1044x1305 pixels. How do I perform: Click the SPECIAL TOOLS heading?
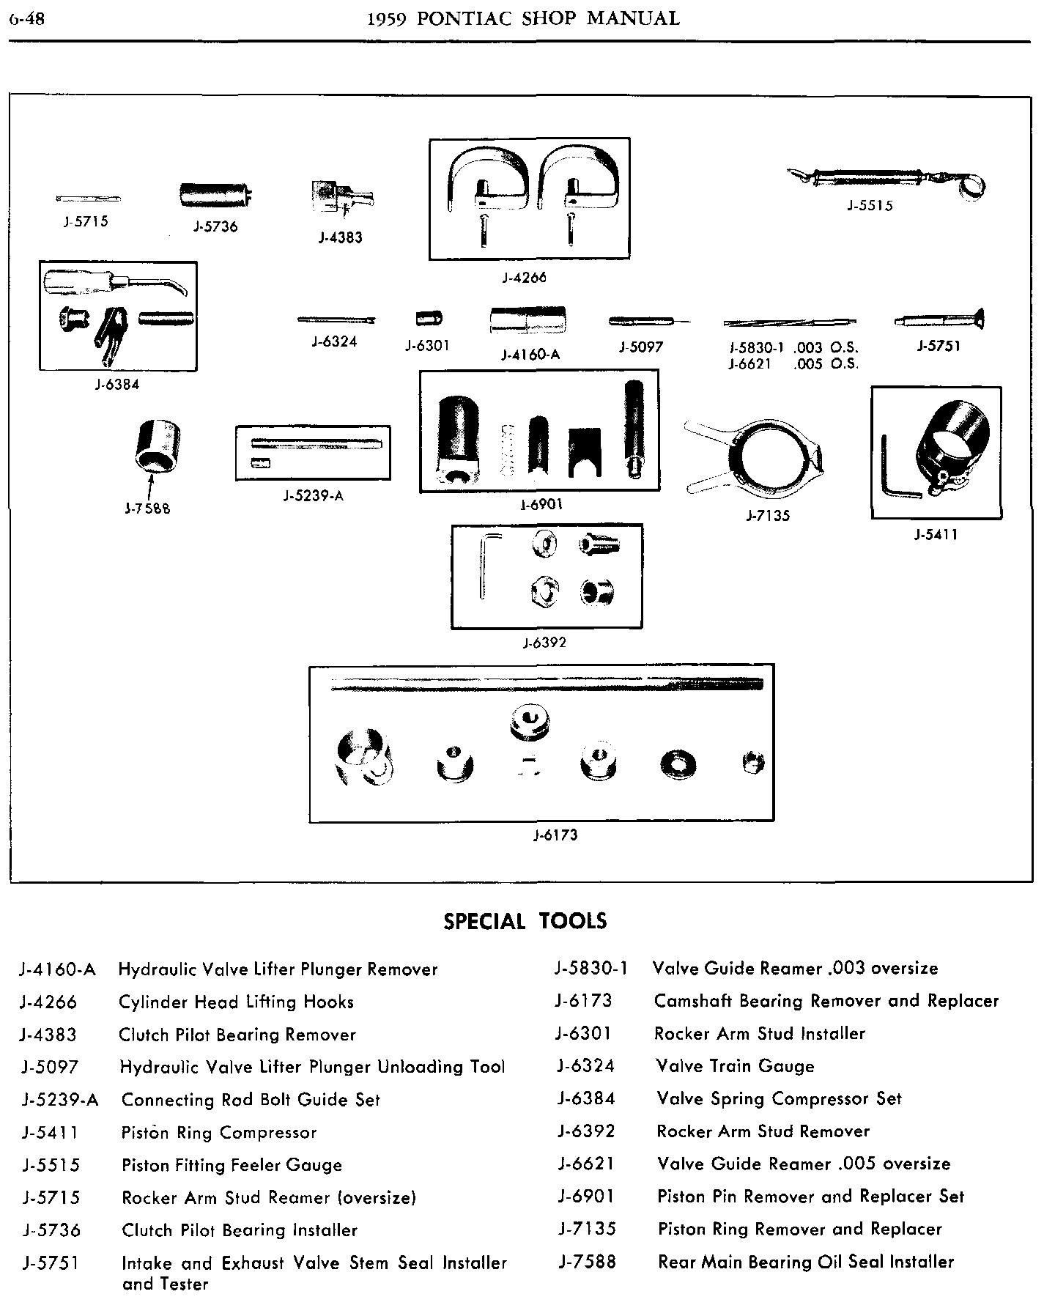525,920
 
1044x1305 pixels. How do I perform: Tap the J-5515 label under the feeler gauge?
870,206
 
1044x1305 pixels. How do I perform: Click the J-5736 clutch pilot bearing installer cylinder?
216,194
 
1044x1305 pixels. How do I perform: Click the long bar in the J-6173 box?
547,685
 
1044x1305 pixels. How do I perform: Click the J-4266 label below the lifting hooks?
525,278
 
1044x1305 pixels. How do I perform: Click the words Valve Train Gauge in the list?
735,1066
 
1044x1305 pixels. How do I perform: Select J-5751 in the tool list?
51,1263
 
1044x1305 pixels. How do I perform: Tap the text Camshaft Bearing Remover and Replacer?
826,1001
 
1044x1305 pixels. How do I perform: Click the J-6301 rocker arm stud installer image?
429,319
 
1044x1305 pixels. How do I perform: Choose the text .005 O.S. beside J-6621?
825,364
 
